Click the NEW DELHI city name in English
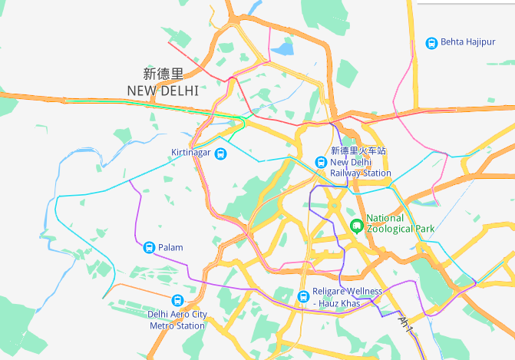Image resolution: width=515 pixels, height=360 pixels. pyautogui.click(x=163, y=91)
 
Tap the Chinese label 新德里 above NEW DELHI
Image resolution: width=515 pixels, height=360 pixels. pyautogui.click(x=163, y=74)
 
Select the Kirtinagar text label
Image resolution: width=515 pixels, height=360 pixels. pyautogui.click(x=191, y=154)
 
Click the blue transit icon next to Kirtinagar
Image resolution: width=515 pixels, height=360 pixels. pyautogui.click(x=221, y=154)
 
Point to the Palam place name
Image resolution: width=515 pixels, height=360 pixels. pyautogui.click(x=170, y=247)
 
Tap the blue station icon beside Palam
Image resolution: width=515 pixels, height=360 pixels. pyautogui.click(x=149, y=247)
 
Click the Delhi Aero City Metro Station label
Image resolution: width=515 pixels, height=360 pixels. pyautogui.click(x=177, y=320)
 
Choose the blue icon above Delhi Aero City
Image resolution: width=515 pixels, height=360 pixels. pyautogui.click(x=177, y=300)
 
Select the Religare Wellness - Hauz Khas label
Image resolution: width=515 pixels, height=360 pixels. pyautogui.click(x=348, y=298)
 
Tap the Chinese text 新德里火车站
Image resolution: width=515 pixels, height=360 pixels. pyautogui.click(x=358, y=151)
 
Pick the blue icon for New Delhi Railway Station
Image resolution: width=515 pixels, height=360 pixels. pyautogui.click(x=321, y=162)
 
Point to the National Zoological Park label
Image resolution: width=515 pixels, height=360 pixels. pyautogui.click(x=401, y=223)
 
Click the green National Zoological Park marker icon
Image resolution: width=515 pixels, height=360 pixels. pyautogui.click(x=356, y=225)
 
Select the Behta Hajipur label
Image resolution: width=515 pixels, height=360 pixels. pyautogui.click(x=468, y=42)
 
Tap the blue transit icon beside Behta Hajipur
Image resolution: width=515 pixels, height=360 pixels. pyautogui.click(x=431, y=43)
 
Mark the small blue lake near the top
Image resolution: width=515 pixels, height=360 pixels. pyautogui.click(x=283, y=50)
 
